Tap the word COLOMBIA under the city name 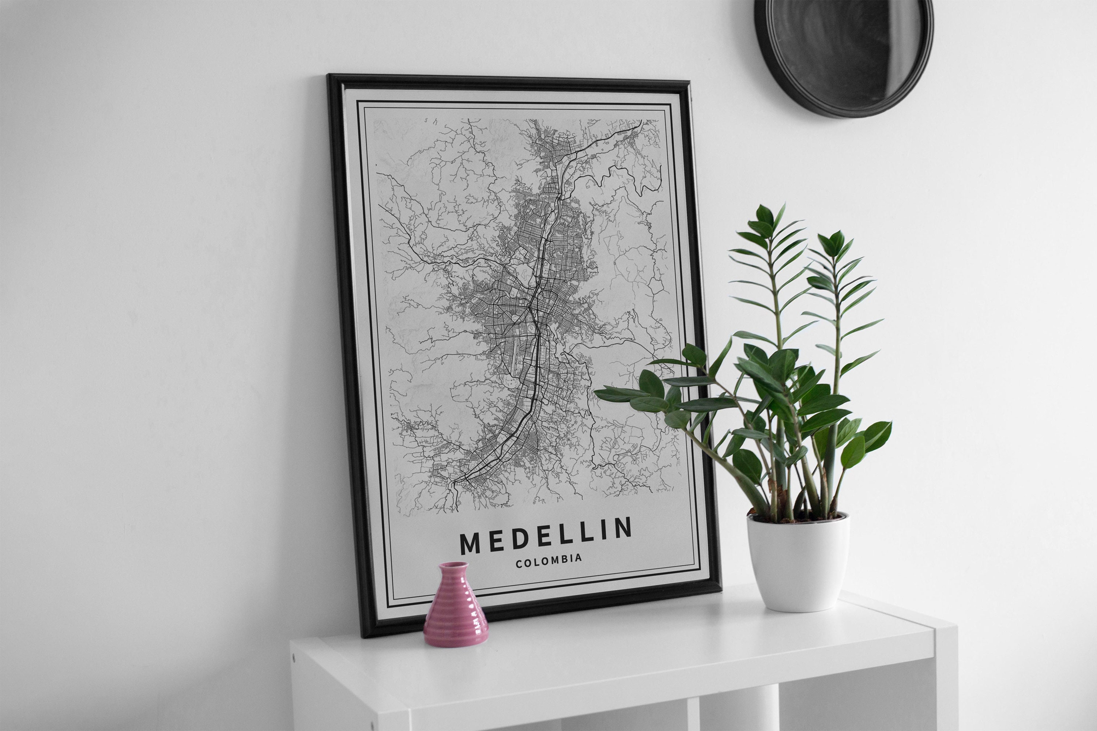[x=549, y=560]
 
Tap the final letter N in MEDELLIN [x=623, y=527]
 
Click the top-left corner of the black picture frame [x=329, y=76]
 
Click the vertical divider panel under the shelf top [x=693, y=713]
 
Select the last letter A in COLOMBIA [x=579, y=558]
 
